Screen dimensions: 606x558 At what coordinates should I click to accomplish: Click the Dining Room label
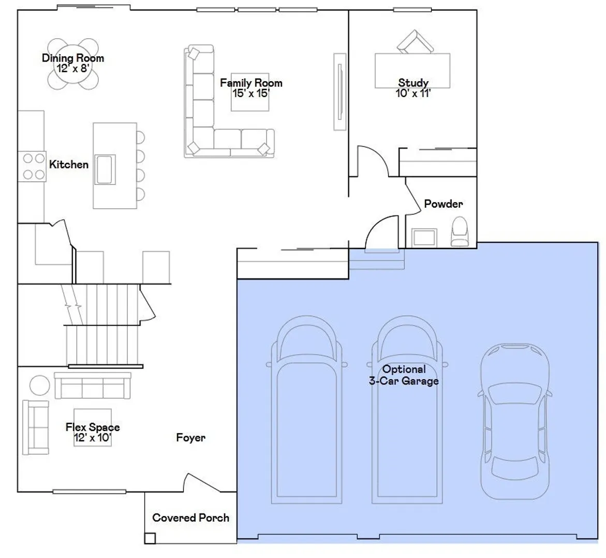[73, 58]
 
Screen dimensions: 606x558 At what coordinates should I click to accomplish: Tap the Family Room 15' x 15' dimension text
[251, 94]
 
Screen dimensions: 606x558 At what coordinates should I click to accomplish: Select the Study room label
[413, 83]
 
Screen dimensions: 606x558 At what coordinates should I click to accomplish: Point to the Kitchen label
[69, 164]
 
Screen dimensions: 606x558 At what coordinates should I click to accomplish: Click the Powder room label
[444, 204]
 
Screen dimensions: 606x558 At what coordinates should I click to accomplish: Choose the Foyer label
[190, 438]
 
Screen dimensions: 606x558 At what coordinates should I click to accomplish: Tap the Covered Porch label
[190, 518]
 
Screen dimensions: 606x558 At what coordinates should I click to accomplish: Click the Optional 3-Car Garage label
[404, 375]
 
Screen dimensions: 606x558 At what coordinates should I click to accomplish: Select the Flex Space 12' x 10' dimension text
[92, 438]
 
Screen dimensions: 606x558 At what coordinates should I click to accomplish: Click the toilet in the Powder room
[460, 231]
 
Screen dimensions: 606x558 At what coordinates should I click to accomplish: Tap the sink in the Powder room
[424, 237]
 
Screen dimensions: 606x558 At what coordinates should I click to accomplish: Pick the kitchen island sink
[105, 169]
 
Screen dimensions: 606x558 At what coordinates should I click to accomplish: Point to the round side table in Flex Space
[40, 385]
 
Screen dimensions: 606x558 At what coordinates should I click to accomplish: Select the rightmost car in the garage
[515, 421]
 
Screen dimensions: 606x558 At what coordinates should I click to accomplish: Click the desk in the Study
[412, 71]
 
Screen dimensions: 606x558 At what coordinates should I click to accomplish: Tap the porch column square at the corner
[150, 538]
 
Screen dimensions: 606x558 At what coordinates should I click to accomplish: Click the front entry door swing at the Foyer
[202, 482]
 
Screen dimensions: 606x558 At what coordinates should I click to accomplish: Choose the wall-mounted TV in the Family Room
[339, 91]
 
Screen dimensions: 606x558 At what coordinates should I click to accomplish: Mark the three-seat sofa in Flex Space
[93, 385]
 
